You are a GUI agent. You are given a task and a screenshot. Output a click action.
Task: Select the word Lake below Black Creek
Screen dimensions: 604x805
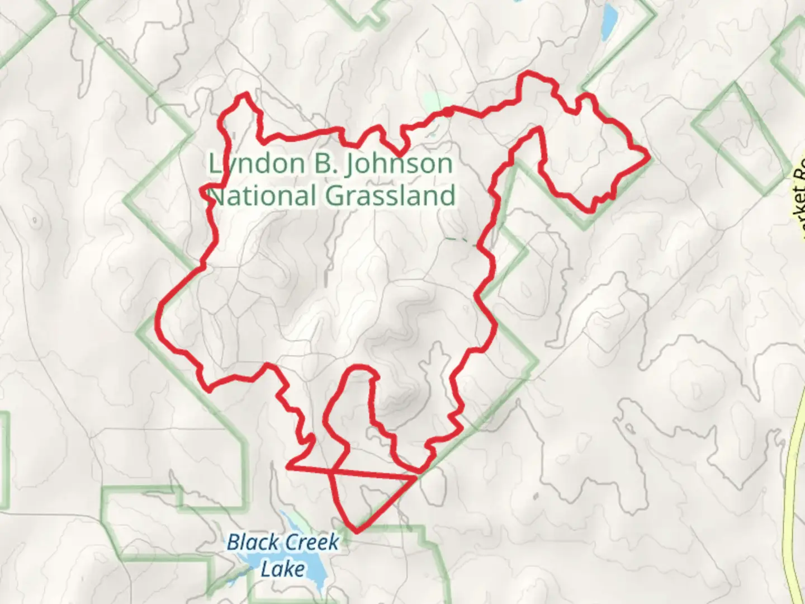283,569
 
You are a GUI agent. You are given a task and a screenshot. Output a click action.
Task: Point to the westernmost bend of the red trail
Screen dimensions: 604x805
160,313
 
